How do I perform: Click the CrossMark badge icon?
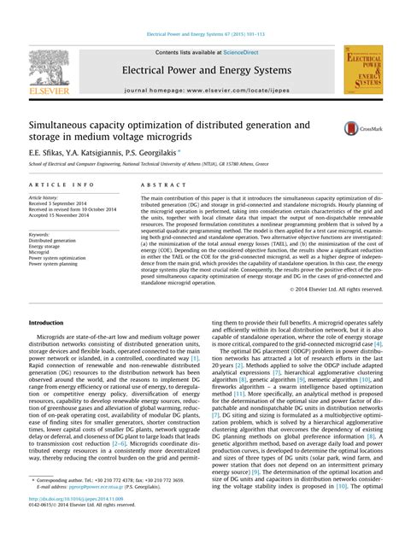(x=358, y=128)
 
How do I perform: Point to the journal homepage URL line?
(x=202, y=89)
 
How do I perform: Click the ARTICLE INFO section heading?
(x=62, y=184)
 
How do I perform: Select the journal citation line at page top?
(x=202, y=35)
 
